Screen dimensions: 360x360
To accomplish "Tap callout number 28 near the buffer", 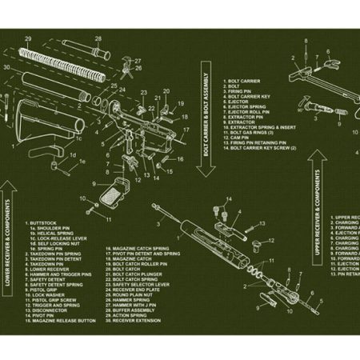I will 98,38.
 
